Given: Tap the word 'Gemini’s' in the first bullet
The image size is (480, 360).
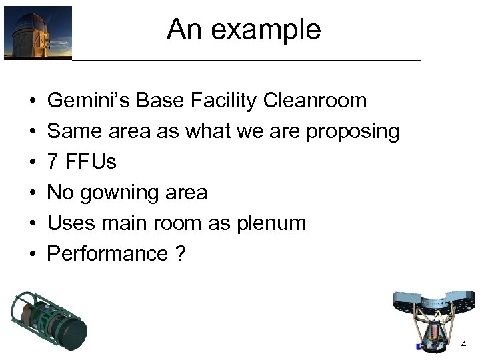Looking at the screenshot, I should (x=88, y=101).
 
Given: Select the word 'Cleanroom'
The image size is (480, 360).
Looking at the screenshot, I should (x=315, y=101).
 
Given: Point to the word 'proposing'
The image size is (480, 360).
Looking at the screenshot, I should (x=353, y=131).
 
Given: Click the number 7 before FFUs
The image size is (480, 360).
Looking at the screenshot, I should (x=53, y=162).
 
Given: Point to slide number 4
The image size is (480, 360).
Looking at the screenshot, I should (x=463, y=344).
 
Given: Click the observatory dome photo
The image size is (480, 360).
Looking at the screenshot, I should (x=38, y=33).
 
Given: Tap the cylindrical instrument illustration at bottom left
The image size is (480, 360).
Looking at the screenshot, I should (x=49, y=320).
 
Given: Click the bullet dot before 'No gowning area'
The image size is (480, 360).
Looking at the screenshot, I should (x=33, y=193).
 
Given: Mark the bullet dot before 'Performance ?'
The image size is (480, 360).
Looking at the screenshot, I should (x=33, y=254).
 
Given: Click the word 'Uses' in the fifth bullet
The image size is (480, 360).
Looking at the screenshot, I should (x=68, y=223).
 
